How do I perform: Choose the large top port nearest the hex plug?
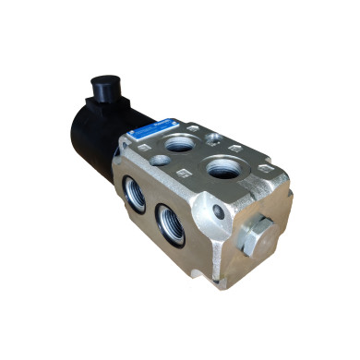pyautogui.click(x=222, y=170)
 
